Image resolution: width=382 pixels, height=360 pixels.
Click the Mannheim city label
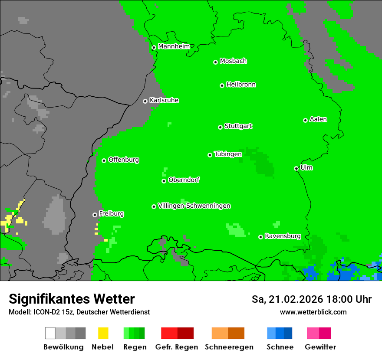click(x=174, y=46)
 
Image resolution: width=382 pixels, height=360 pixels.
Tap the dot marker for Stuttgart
click(x=220, y=127)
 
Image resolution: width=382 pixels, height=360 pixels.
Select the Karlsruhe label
click(x=164, y=100)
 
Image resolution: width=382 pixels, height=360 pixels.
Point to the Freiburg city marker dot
click(x=95, y=215)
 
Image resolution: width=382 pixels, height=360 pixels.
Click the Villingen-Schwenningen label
click(x=194, y=206)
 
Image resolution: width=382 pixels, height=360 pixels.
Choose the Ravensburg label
click(x=283, y=236)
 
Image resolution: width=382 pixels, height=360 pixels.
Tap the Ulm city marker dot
click(x=296, y=168)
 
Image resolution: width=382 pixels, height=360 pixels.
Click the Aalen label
click(x=318, y=119)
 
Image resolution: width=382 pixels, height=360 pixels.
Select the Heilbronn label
click(x=241, y=85)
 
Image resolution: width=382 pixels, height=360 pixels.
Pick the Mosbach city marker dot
click(x=215, y=62)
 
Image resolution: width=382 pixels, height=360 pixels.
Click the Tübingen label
click(x=228, y=154)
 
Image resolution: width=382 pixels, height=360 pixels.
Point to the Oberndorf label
click(x=184, y=180)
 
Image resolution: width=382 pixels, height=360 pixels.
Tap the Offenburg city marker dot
click(x=104, y=160)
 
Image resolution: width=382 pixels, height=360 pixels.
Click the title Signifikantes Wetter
click(x=72, y=299)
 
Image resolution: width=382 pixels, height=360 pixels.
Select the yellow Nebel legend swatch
click(x=103, y=333)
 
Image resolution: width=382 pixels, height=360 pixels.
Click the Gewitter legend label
click(x=320, y=347)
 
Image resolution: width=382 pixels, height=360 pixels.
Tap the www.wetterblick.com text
click(x=313, y=312)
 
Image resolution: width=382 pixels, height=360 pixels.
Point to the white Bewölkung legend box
click(x=50, y=333)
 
